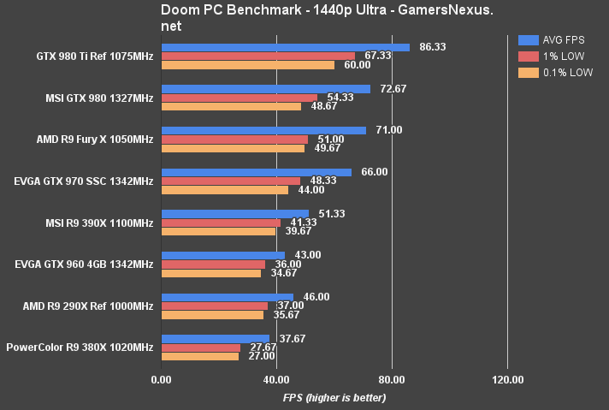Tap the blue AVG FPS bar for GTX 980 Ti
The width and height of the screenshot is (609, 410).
(x=285, y=48)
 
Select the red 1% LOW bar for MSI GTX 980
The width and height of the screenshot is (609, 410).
(x=239, y=98)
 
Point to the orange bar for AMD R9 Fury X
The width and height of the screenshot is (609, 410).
(x=233, y=148)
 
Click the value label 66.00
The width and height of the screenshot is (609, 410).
(x=374, y=172)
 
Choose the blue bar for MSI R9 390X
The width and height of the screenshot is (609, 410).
(x=234, y=213)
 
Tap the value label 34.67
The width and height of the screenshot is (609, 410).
(x=283, y=272)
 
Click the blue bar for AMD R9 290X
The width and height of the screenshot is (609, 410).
(x=227, y=296)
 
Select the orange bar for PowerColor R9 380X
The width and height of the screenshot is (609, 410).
(x=200, y=355)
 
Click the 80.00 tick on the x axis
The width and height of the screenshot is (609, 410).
(x=392, y=380)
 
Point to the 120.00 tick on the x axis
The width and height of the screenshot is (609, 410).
(x=507, y=380)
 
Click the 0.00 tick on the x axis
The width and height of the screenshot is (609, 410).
(x=161, y=380)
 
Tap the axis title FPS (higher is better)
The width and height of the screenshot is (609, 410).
(x=334, y=397)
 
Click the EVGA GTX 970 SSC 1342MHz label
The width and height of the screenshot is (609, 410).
(x=84, y=181)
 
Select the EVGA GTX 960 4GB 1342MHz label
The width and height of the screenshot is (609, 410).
(x=84, y=264)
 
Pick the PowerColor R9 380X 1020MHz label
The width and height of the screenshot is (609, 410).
(x=80, y=348)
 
